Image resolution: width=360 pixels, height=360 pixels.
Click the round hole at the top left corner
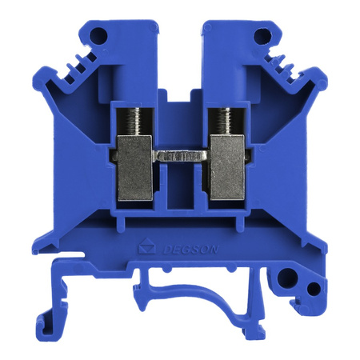tap(99, 35)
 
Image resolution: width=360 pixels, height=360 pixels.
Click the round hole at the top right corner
tap(261, 35)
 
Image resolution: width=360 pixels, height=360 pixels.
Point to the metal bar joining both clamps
tap(180, 158)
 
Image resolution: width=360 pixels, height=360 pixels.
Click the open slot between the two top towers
tap(180, 56)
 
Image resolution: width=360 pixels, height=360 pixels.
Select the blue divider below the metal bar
tap(180, 188)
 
